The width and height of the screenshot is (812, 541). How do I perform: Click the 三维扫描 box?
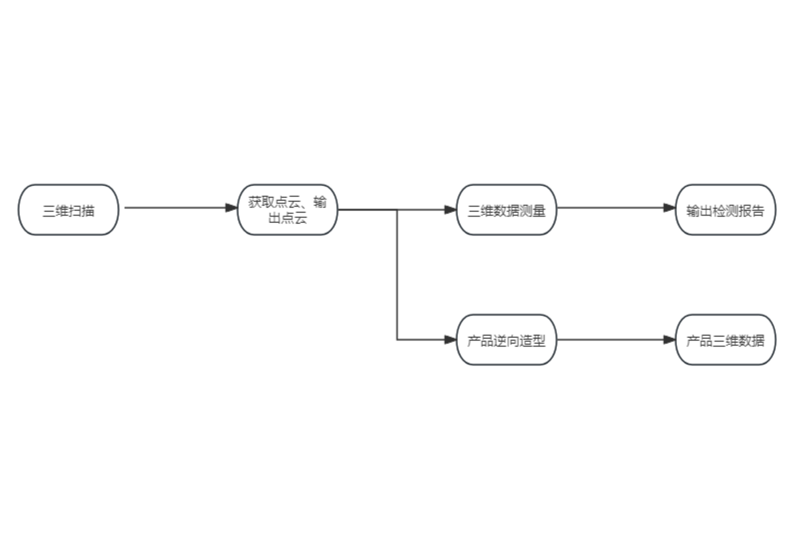click(x=68, y=210)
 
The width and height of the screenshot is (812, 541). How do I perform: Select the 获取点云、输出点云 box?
click(x=287, y=210)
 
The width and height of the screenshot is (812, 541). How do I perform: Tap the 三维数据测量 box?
click(x=506, y=210)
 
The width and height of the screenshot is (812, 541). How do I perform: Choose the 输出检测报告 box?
click(x=725, y=210)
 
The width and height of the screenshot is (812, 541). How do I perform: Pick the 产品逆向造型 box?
click(x=506, y=340)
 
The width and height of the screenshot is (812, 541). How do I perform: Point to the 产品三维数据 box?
click(x=725, y=340)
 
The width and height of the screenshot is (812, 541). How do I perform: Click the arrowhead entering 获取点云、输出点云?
click(x=231, y=208)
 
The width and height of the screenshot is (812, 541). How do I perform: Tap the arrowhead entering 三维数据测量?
click(x=450, y=210)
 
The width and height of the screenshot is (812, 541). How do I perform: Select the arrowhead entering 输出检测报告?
click(x=669, y=208)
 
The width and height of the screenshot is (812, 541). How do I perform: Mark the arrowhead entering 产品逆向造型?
click(x=450, y=340)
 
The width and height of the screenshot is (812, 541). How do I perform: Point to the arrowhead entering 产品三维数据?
click(x=669, y=340)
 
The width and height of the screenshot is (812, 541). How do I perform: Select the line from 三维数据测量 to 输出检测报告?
click(x=609, y=208)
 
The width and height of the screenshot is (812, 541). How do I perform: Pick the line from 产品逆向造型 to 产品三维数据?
click(x=609, y=340)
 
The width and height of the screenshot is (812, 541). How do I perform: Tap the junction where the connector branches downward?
click(x=397, y=210)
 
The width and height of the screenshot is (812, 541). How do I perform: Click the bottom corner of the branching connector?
click(x=397, y=340)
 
